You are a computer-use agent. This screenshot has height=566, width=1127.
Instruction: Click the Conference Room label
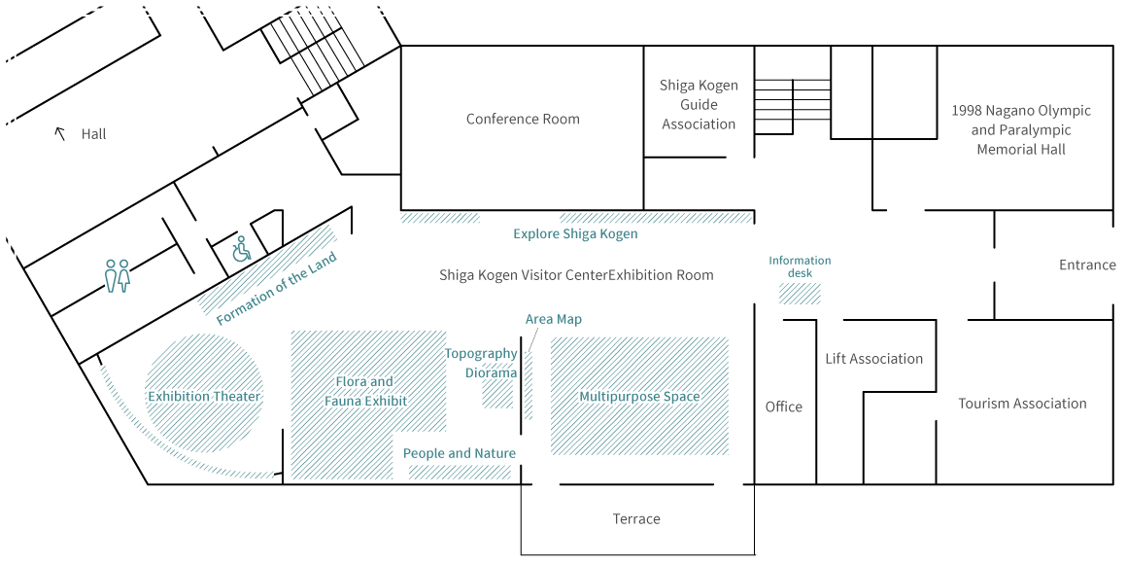[523, 120]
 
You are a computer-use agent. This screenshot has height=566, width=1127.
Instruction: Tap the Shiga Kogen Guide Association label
[699, 104]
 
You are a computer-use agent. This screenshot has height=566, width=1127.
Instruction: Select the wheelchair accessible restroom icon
[241, 249]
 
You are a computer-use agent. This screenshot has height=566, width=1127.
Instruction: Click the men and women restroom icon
[118, 275]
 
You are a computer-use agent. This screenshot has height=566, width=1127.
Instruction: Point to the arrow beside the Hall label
[60, 134]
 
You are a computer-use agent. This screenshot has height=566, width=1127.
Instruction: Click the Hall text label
[94, 134]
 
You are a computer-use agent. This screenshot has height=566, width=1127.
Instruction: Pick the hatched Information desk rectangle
[800, 294]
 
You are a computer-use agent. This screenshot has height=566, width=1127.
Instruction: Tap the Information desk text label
[800, 266]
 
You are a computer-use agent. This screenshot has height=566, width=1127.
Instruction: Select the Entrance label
[1087, 265]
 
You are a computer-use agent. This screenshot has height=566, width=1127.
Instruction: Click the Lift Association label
[873, 359]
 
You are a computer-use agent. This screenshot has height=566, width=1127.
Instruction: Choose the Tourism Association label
[1022, 404]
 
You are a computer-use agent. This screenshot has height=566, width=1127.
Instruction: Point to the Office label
[784, 407]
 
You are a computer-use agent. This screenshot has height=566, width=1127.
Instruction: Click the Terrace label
[636, 519]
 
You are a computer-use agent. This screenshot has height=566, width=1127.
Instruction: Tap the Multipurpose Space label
[639, 397]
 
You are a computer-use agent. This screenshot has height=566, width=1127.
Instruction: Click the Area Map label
[554, 319]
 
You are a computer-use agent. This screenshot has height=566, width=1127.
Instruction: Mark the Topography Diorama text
[482, 363]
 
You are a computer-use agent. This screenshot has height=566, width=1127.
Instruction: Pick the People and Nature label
[460, 453]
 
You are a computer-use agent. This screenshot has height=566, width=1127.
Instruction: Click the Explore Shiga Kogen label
[576, 234]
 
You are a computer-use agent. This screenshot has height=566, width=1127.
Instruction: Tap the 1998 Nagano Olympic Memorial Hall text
[1021, 129]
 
